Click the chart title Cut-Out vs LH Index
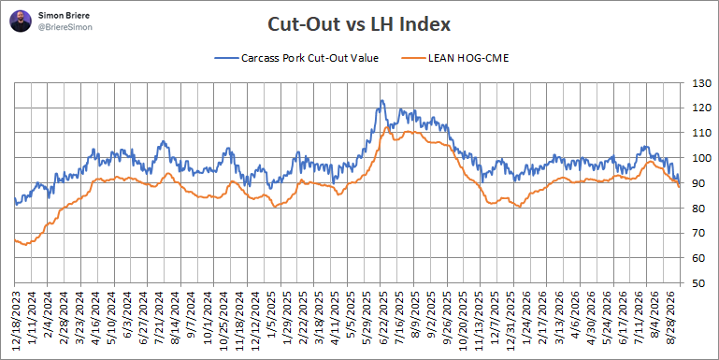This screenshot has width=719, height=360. (x=359, y=24)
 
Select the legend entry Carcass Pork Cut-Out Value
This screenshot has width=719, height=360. (x=296, y=58)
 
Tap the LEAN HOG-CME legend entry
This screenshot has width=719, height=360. (x=455, y=58)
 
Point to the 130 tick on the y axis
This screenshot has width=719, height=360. (x=694, y=83)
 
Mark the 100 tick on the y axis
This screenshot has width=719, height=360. (x=694, y=158)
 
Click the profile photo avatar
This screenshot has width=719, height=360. (x=21, y=22)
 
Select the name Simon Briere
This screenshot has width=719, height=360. (x=58, y=16)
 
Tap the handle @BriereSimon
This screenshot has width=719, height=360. (x=65, y=27)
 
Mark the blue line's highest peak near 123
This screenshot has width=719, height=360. (x=381, y=100)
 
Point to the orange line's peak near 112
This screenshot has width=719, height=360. (x=386, y=127)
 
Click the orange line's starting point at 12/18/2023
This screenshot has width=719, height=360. (x=15, y=240)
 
